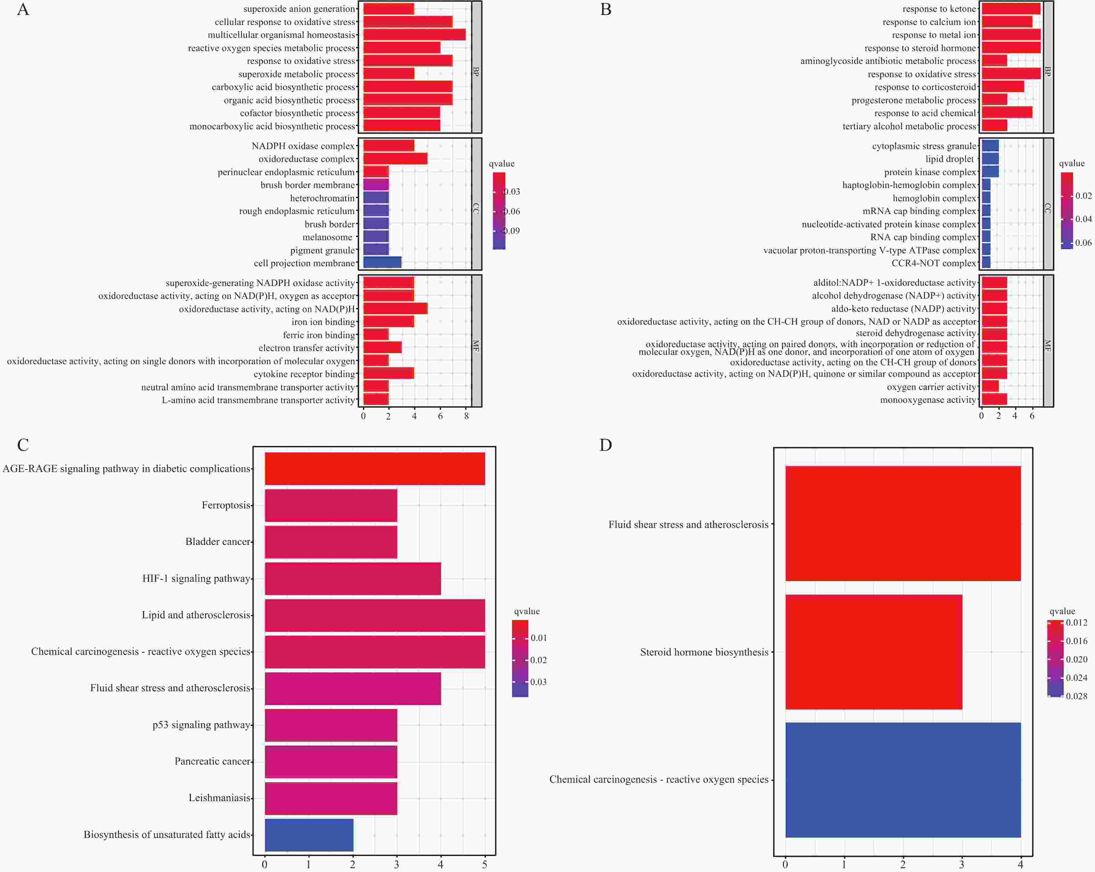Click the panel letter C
(23, 445)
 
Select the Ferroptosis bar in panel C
(331, 505)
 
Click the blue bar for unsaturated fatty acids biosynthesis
(309, 834)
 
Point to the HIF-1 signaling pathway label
(196, 578)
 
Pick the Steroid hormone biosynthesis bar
(874, 652)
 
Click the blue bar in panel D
(902, 780)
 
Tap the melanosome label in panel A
(327, 237)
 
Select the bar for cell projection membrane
(382, 262)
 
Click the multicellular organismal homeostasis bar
(414, 34)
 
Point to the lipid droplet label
(949, 159)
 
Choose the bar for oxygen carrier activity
(990, 386)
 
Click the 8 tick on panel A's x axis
(466, 416)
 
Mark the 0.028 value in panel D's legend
(1076, 696)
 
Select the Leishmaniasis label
(219, 798)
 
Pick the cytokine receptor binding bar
(389, 374)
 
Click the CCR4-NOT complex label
(933, 263)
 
